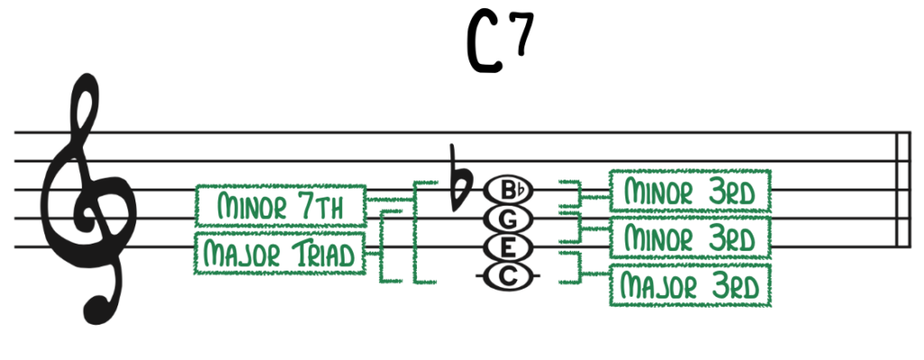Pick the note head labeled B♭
point(510,189)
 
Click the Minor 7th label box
point(281,207)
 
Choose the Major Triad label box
point(281,254)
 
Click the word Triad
point(323,254)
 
